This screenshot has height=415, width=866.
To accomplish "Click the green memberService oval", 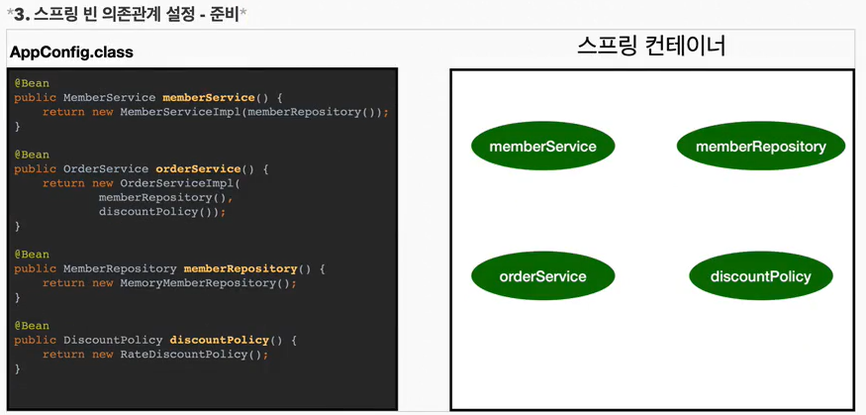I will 542,147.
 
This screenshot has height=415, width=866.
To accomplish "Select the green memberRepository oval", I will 760,147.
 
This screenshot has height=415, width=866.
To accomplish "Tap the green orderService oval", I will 542,276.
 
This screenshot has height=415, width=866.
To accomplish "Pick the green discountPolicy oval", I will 760,276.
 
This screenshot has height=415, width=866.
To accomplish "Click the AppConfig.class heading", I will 71,52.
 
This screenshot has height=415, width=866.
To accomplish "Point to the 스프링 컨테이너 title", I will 651,46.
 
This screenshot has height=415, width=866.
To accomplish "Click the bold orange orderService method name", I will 198,169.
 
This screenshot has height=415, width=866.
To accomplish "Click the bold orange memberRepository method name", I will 241,268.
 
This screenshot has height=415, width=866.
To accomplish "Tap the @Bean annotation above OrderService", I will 32,155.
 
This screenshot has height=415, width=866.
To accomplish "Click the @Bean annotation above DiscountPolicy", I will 32,326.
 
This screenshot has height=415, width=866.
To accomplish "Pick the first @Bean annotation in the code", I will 32,83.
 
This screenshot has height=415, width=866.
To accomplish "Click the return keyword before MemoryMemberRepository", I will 63,283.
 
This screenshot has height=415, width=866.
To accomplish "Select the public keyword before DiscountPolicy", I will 36,340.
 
